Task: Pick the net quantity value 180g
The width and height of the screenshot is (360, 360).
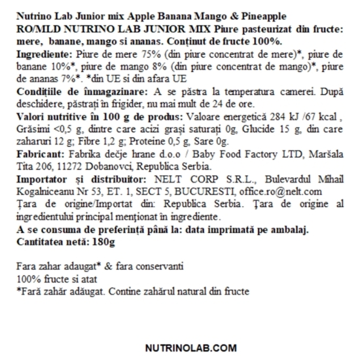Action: coord(99,241)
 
